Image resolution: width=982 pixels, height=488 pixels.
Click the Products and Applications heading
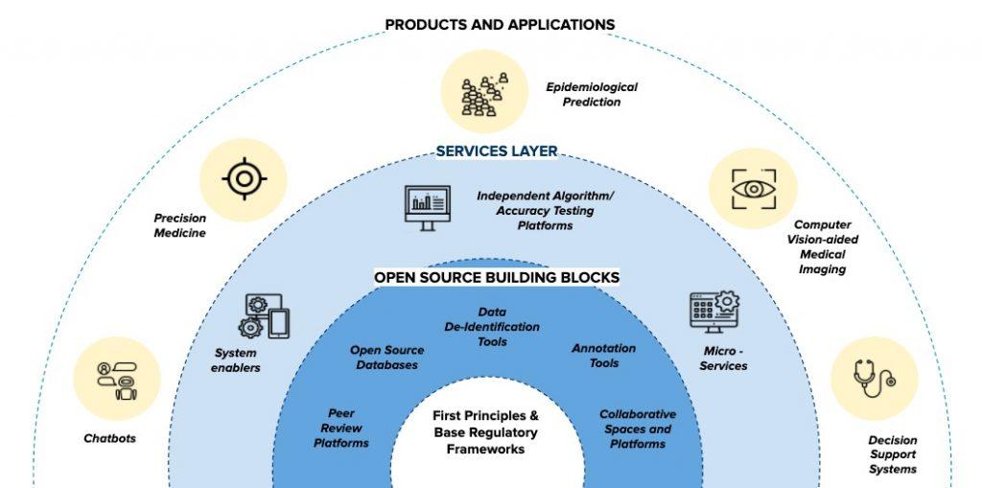point(500,24)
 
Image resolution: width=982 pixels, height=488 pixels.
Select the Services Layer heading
point(497,151)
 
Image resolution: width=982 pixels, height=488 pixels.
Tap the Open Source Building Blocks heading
point(497,278)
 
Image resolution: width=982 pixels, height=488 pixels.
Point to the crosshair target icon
point(244,177)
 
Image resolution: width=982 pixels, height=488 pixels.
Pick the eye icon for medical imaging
point(753,188)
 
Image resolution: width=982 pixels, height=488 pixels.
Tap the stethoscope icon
point(874,378)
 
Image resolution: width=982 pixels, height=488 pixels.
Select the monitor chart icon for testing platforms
point(427,205)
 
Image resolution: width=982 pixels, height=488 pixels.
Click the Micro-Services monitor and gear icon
point(714,314)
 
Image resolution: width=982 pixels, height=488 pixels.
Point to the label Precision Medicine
point(180,225)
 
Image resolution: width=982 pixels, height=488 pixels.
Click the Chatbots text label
point(109,439)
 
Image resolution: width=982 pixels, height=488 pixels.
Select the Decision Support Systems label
point(892,455)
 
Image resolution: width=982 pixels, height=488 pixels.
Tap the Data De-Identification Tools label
point(492,327)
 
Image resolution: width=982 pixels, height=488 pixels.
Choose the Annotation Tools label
point(603,356)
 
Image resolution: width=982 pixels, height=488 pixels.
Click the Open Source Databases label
point(386,358)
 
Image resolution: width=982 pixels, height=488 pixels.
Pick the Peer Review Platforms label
point(340,429)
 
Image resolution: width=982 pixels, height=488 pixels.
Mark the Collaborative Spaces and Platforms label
point(637,429)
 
